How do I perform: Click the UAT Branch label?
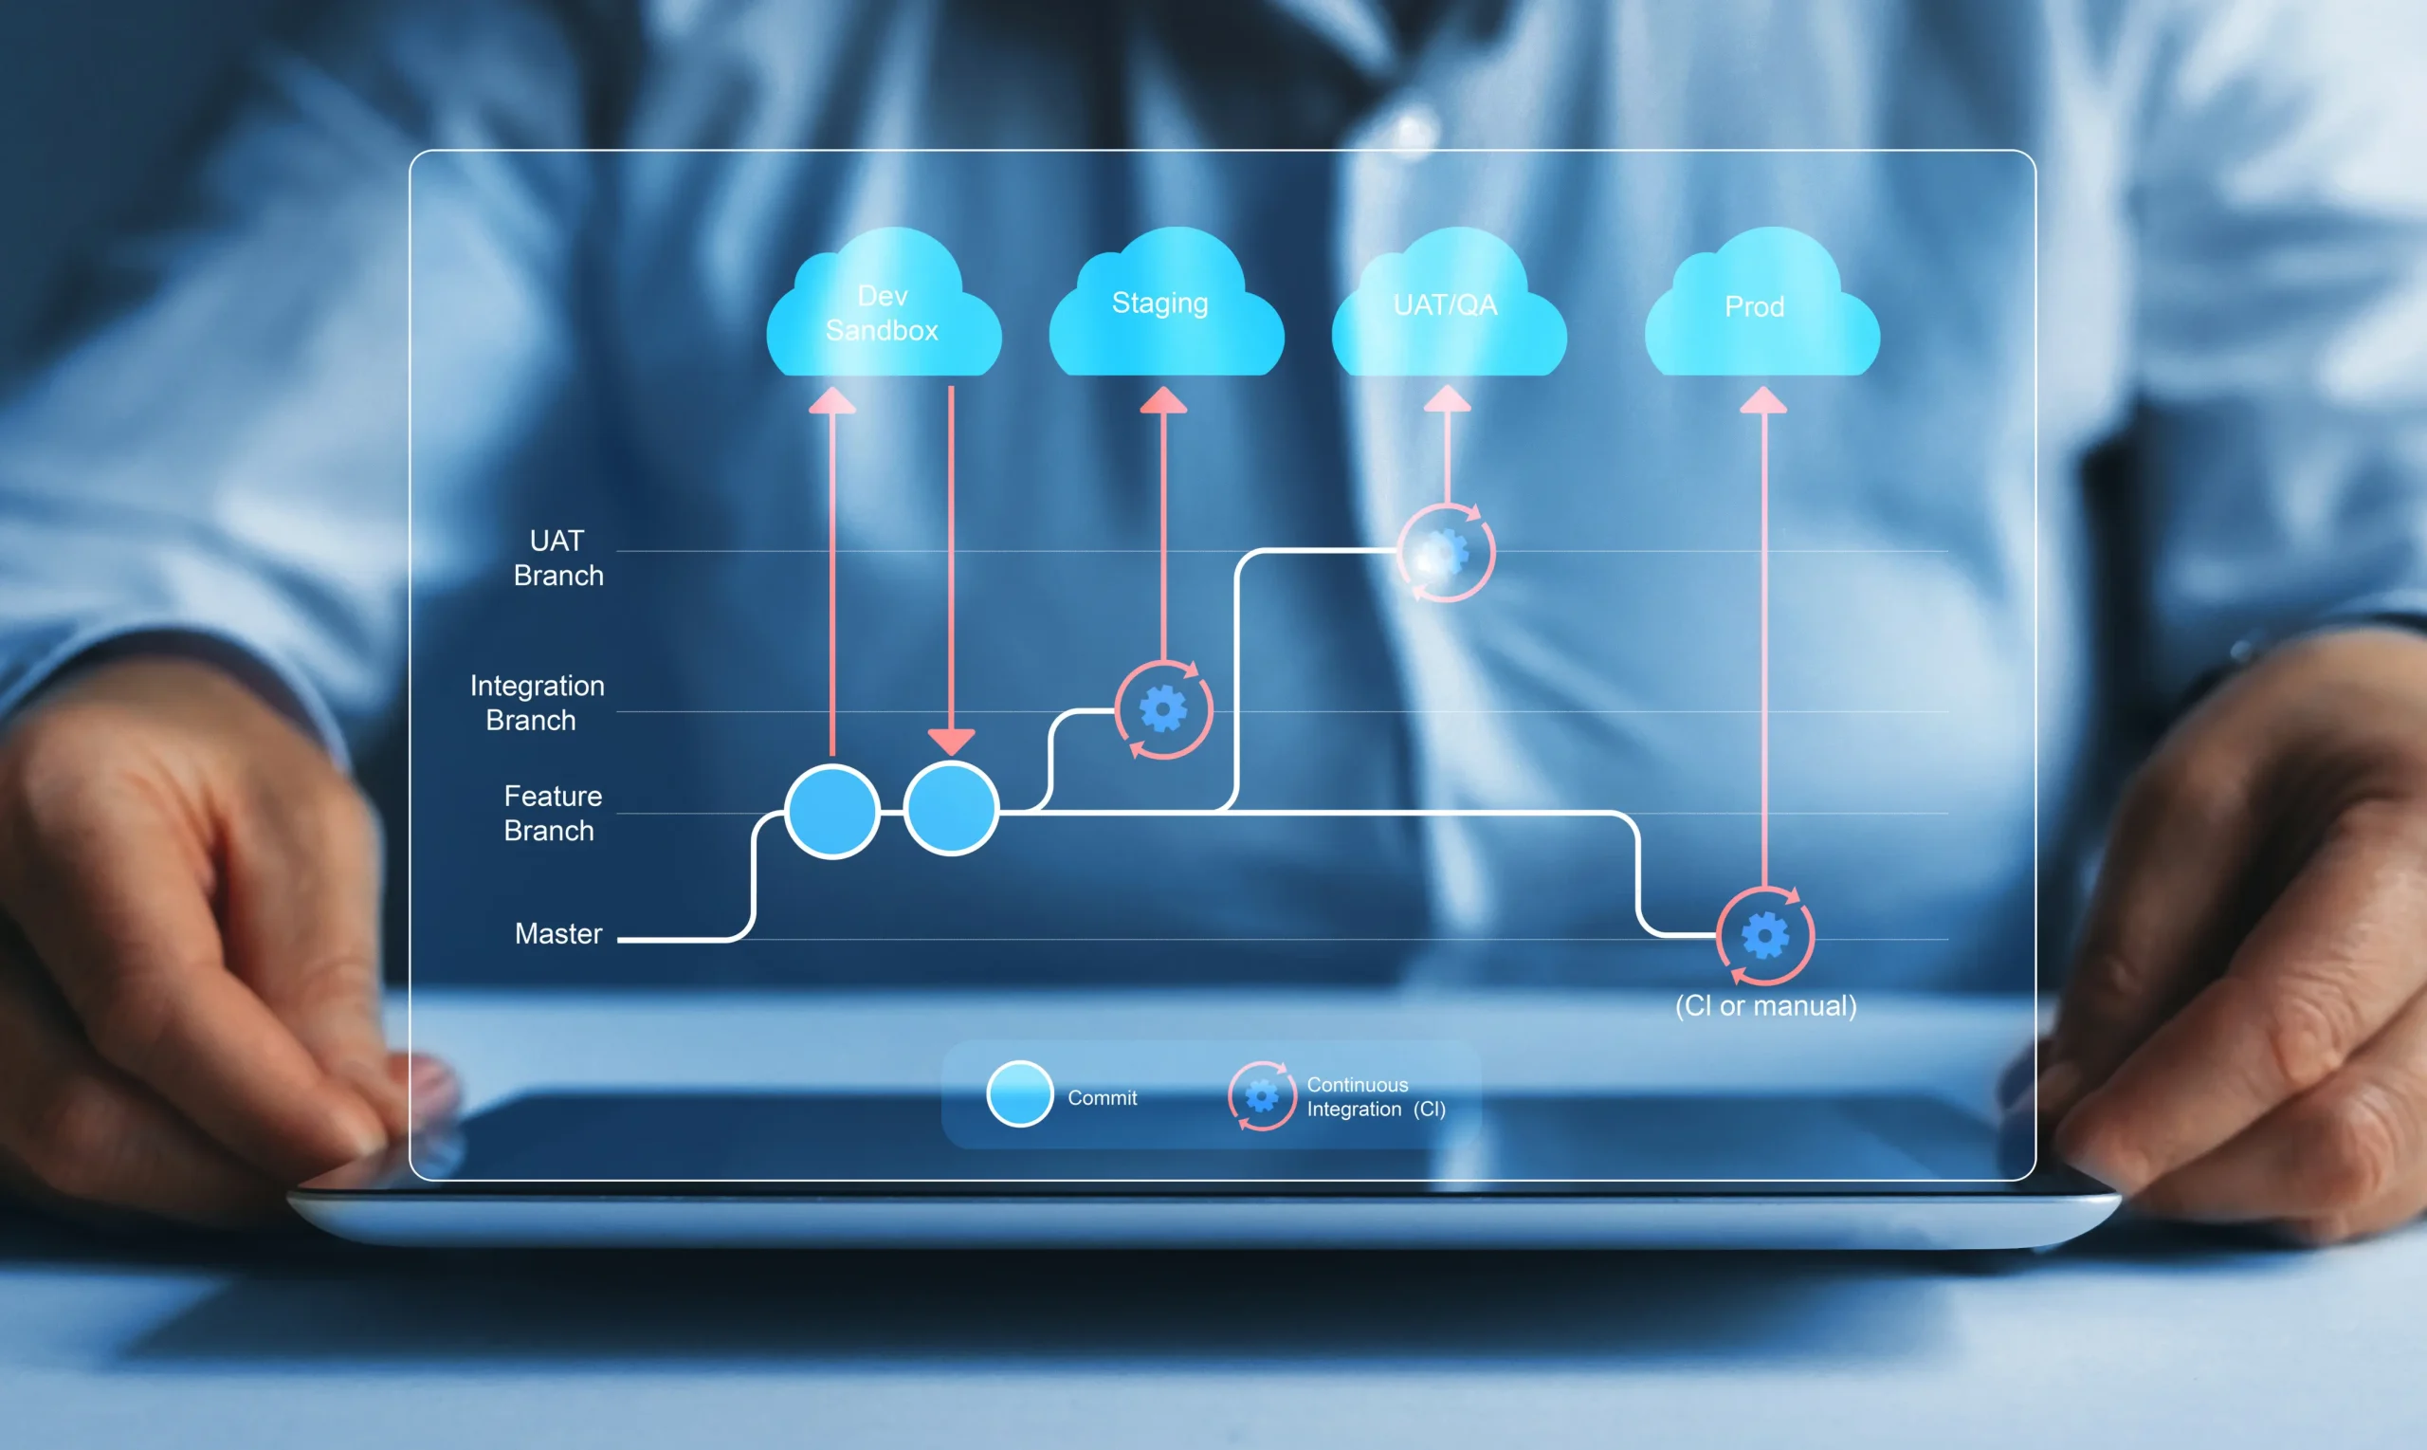(x=557, y=558)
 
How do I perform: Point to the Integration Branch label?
(x=537, y=703)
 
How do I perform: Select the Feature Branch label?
(x=552, y=813)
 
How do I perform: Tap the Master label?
(x=557, y=934)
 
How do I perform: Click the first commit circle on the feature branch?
(x=832, y=811)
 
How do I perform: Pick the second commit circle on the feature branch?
(x=950, y=809)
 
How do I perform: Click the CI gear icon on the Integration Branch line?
(x=1163, y=710)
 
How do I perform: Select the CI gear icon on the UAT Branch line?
(x=1446, y=553)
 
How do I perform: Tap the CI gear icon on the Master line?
(x=1765, y=936)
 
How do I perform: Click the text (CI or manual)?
(x=1765, y=1006)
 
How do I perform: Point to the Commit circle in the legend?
(x=1018, y=1093)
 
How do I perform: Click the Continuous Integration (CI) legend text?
(x=1375, y=1097)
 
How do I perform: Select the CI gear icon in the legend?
(x=1261, y=1096)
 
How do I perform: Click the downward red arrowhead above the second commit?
(x=950, y=741)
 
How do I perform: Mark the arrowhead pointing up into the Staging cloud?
(x=1163, y=400)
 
